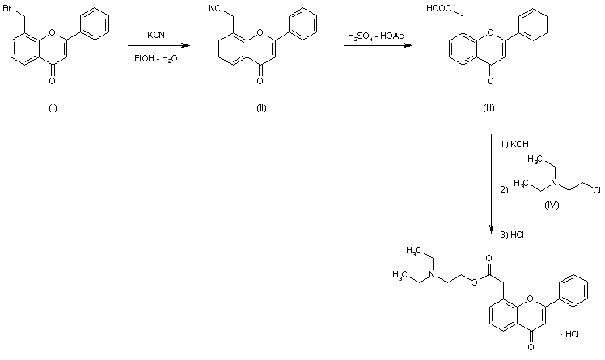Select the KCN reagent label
pos(157,36)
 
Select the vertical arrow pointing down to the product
pos(493,186)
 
